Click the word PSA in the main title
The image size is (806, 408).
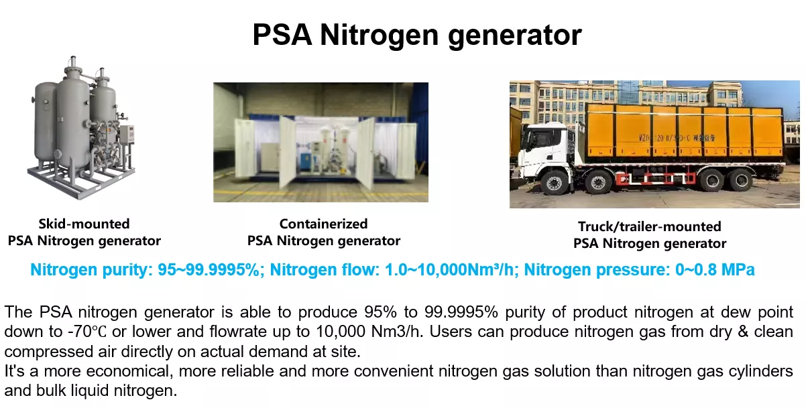(x=282, y=35)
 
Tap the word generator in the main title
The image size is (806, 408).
(x=515, y=36)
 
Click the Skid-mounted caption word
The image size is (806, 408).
(x=84, y=224)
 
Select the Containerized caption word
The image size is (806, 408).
(x=323, y=224)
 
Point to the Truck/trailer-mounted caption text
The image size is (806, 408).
(x=650, y=226)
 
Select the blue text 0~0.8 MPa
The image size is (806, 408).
(x=715, y=269)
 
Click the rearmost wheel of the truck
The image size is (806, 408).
(x=741, y=180)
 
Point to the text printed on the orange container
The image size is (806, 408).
(x=677, y=138)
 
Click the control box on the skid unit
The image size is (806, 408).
(x=127, y=134)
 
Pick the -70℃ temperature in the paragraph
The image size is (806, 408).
(x=87, y=332)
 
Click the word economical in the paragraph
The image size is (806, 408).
(x=127, y=371)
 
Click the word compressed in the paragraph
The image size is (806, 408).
(x=48, y=352)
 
